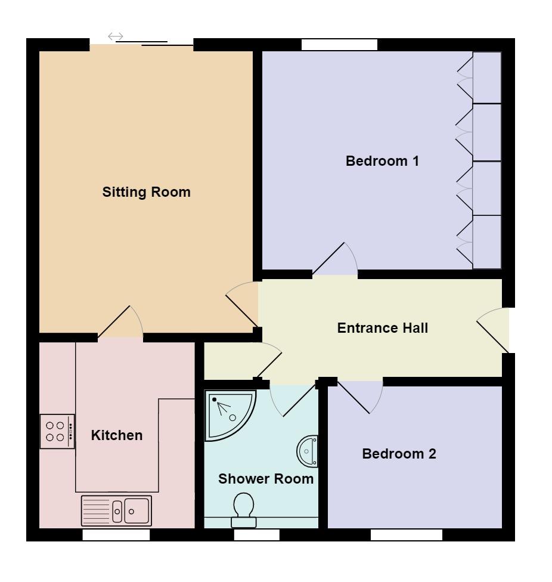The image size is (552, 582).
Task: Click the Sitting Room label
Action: click(x=146, y=192)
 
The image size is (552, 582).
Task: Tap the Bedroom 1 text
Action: click(x=382, y=161)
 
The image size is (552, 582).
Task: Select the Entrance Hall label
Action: click(x=383, y=328)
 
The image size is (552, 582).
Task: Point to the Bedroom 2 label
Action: click(x=399, y=454)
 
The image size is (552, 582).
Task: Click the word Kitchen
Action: click(x=117, y=435)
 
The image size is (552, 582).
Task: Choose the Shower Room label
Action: click(x=266, y=479)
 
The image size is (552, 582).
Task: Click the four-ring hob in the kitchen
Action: click(x=57, y=431)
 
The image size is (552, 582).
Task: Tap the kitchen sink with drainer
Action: click(x=116, y=510)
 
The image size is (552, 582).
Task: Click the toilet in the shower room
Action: click(x=244, y=510)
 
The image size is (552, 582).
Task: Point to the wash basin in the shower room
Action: click(x=308, y=451)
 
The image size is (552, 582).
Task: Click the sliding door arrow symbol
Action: click(x=116, y=36)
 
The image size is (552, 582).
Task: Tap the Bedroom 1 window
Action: click(x=339, y=45)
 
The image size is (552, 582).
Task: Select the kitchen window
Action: click(x=116, y=535)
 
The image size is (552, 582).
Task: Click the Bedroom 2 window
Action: click(x=406, y=535)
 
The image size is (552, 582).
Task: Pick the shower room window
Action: click(x=256, y=535)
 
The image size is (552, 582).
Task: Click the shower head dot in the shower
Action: click(x=214, y=400)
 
